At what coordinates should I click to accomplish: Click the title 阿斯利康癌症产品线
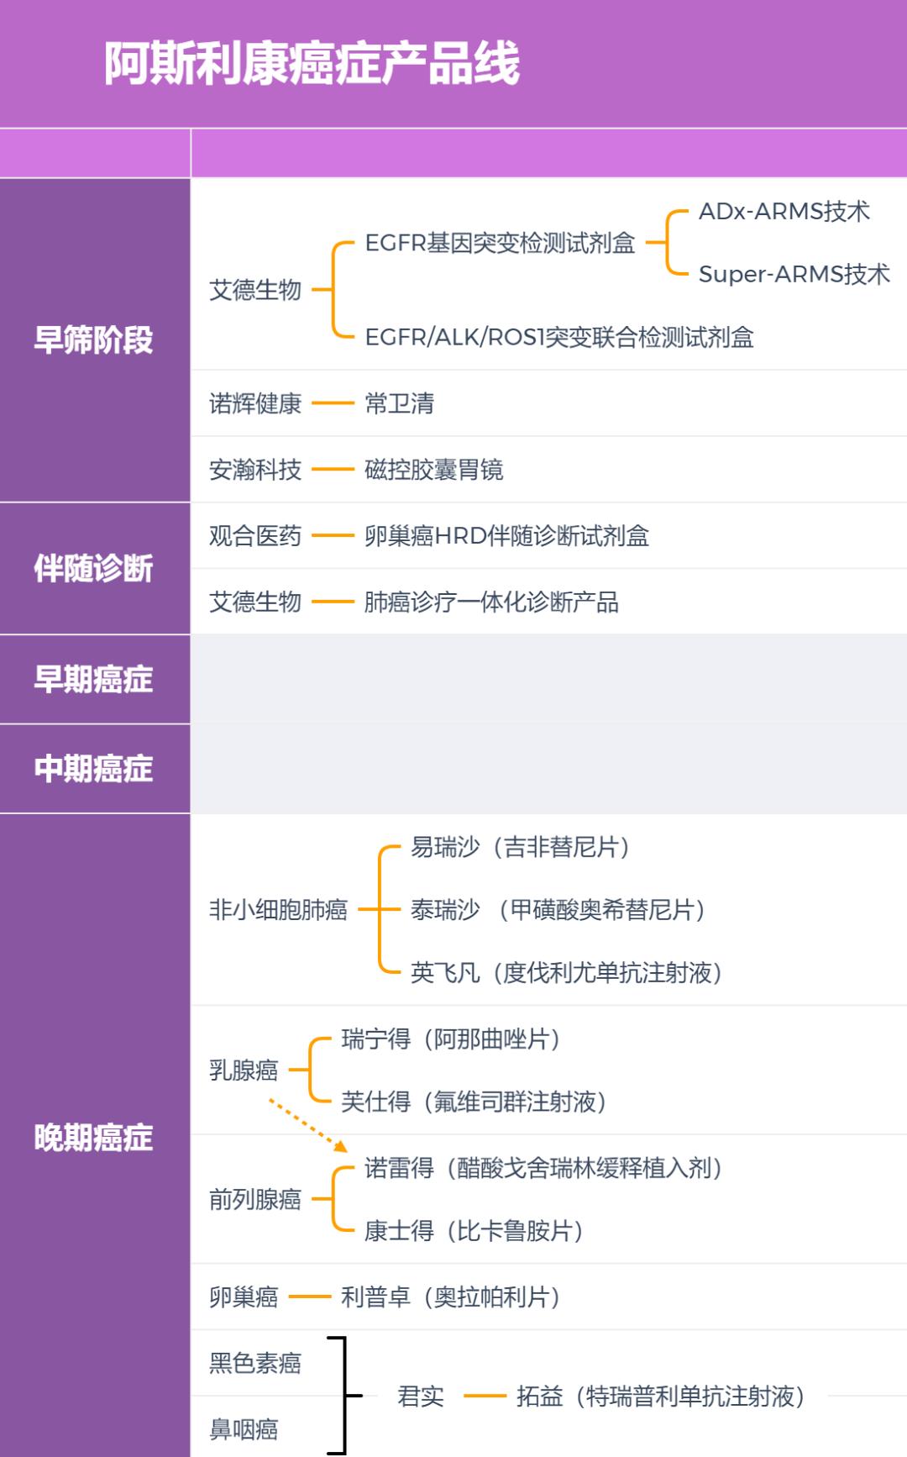tap(312, 63)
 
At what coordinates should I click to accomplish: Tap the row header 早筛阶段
tap(93, 340)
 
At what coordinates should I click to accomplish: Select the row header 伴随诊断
tap(93, 569)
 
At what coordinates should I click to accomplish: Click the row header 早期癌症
tap(93, 679)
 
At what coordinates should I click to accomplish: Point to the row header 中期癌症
tap(93, 769)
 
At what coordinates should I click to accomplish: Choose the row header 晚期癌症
tap(93, 1138)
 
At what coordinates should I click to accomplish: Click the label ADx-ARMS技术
tap(784, 211)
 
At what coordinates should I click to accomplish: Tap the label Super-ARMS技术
tap(794, 274)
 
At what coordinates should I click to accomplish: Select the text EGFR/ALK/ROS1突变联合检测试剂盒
tap(559, 338)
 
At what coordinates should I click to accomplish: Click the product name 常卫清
tap(400, 403)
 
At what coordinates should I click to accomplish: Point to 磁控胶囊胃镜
tap(434, 470)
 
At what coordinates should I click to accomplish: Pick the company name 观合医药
tap(255, 535)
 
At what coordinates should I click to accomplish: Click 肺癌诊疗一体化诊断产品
tap(491, 602)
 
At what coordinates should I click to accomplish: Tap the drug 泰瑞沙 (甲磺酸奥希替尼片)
tap(558, 910)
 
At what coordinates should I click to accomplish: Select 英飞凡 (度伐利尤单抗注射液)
tap(566, 973)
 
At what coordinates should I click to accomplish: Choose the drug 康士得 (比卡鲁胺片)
tap(474, 1231)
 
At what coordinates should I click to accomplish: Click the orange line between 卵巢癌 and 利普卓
tap(310, 1297)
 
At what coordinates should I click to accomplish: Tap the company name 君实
tap(421, 1397)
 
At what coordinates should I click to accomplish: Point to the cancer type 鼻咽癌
tap(244, 1429)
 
